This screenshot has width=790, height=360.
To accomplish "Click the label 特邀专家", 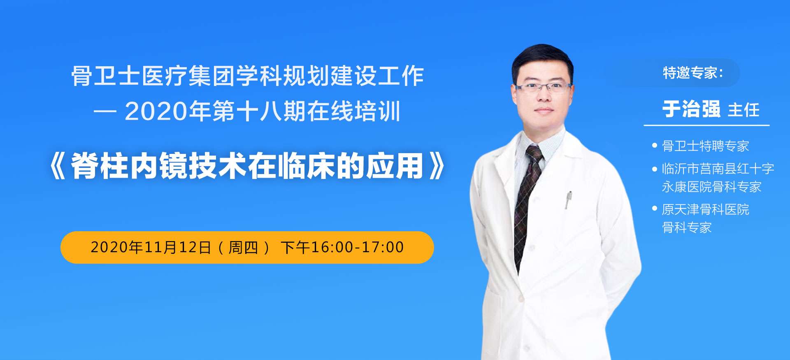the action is coord(690,73).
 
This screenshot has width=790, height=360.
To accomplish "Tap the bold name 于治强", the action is coord(691,109).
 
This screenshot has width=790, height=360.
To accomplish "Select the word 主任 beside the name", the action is coord(744,110).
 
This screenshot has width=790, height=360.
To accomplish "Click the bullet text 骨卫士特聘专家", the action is coord(705,146).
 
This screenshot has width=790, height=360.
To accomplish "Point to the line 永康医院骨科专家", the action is coord(711,187).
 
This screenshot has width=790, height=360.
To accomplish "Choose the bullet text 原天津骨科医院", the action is coord(705,209).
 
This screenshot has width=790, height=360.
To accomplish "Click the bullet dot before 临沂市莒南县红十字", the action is coord(655,169).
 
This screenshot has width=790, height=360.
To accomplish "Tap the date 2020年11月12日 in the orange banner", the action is coord(151,247).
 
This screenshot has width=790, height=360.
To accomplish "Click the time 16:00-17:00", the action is coord(358,247).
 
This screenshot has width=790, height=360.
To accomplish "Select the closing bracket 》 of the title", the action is coord(437,166).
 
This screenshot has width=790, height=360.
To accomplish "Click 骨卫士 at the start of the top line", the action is coord(105,76).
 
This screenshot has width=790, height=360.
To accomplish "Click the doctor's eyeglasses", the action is coord(543,87).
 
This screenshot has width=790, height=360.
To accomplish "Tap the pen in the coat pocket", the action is coord(568,200).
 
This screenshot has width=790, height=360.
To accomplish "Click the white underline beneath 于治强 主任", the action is coord(706,125).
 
